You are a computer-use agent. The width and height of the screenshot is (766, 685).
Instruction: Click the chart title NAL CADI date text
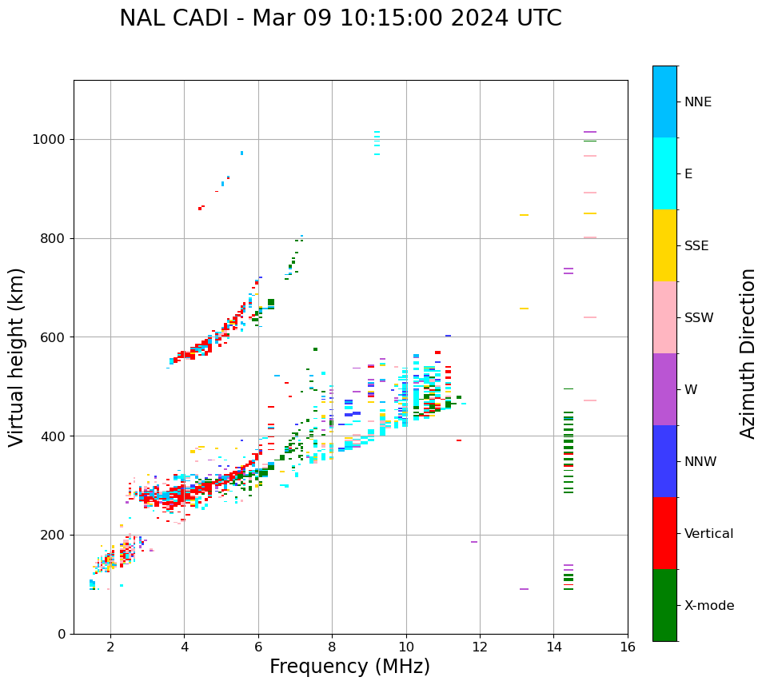pyautogui.click(x=341, y=18)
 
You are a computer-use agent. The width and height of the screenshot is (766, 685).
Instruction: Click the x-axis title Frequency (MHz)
pyautogui.click(x=349, y=667)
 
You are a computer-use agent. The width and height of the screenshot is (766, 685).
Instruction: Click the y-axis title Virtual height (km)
pyautogui.click(x=17, y=357)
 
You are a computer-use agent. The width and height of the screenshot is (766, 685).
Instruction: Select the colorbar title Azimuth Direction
pyautogui.click(x=748, y=353)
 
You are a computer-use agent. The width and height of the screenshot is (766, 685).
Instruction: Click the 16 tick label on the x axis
pyautogui.click(x=628, y=647)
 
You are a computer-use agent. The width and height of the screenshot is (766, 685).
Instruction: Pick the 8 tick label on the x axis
pyautogui.click(x=332, y=647)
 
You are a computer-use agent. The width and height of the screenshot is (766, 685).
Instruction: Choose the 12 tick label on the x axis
pyautogui.click(x=480, y=647)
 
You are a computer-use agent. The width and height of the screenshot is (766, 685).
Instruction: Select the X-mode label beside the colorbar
pyautogui.click(x=708, y=606)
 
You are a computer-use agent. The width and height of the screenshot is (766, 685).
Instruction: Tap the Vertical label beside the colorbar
pyautogui.click(x=708, y=534)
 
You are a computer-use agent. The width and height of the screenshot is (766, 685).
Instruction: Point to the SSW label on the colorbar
pyautogui.click(x=699, y=318)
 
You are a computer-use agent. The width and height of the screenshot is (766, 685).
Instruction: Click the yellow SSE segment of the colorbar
pyautogui.click(x=664, y=245)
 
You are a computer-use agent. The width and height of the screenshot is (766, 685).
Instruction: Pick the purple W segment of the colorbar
pyautogui.click(x=664, y=389)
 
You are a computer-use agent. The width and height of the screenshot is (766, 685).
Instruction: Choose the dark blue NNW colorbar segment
pyautogui.click(x=664, y=461)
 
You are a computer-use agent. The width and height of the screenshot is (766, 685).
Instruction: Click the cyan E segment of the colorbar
pyautogui.click(x=664, y=173)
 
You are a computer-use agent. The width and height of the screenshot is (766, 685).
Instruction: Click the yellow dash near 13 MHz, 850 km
pyautogui.click(x=524, y=215)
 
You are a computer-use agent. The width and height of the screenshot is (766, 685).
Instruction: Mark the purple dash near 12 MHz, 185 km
pyautogui.click(x=474, y=542)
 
